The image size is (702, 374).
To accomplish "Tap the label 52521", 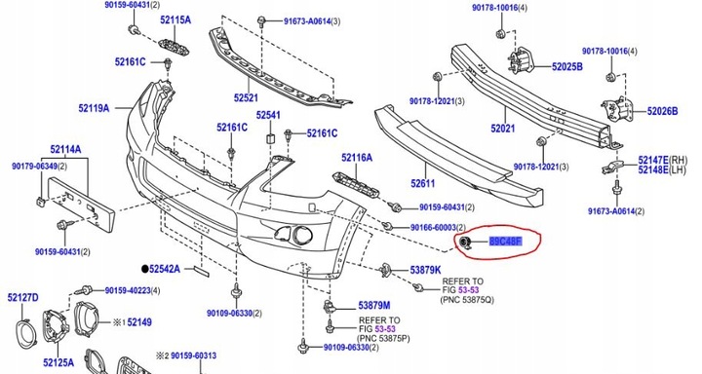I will click(245, 97).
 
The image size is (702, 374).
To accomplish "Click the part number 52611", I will click(425, 182).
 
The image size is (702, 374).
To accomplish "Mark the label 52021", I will click(504, 129).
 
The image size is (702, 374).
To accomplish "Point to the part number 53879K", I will click(425, 270).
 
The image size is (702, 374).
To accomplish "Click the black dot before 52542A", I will click(144, 267).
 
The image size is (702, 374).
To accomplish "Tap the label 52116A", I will click(357, 157).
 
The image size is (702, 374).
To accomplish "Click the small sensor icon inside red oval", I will click(466, 243).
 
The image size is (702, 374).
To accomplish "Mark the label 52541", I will click(269, 116).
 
